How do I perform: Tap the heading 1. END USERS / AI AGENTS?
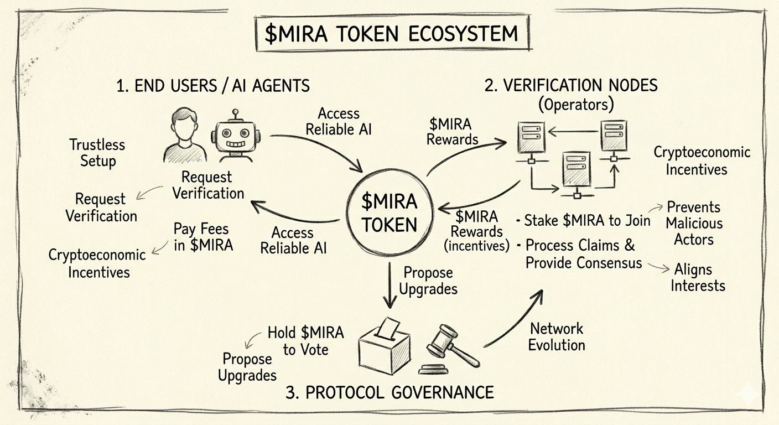coord(213,86)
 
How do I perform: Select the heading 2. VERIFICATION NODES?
coord(571,85)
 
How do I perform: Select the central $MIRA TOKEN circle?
coord(389,214)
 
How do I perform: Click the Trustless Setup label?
coord(97,153)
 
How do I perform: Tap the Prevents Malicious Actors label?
coord(694,224)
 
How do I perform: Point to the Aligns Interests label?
coord(698,278)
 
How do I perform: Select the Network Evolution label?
coord(557,336)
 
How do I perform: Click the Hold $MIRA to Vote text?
coord(305,341)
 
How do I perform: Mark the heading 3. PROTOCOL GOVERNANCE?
coord(389,392)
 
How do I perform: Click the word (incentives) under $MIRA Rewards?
coord(476,246)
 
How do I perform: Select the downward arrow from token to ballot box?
coord(391,284)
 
